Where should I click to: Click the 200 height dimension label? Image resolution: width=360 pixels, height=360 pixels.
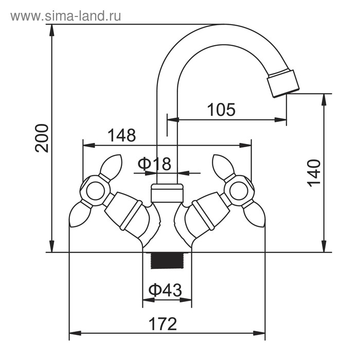click(x=43, y=138)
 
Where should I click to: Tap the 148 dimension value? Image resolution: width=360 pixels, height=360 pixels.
click(x=122, y=135)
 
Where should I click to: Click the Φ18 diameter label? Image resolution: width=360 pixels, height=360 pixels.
click(x=154, y=164)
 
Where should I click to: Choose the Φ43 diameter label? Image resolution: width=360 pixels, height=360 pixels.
click(x=166, y=291)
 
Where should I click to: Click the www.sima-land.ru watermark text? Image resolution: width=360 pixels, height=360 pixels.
click(x=66, y=16)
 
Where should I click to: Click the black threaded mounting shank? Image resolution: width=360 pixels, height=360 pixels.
click(x=167, y=261)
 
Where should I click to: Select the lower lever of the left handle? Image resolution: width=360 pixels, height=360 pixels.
click(x=80, y=214)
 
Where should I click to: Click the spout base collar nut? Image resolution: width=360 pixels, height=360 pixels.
click(x=167, y=194)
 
